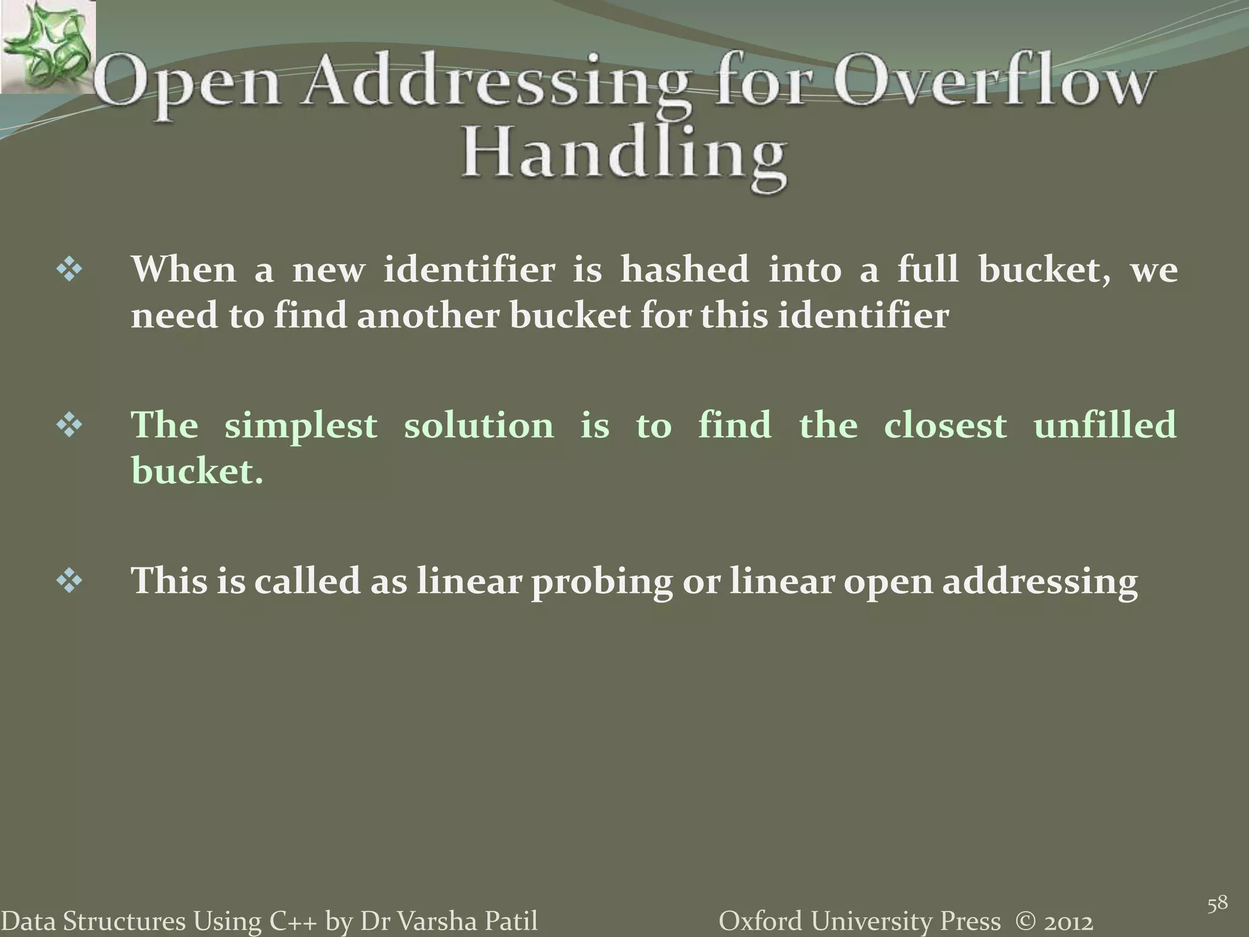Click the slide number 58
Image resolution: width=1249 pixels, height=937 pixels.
tap(1218, 903)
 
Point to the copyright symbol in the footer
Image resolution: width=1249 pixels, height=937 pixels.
tap(1028, 921)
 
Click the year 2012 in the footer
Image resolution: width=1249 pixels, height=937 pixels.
tap(1068, 921)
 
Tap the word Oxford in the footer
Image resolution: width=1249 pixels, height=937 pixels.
tap(756, 921)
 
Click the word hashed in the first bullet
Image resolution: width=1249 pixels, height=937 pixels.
tap(684, 270)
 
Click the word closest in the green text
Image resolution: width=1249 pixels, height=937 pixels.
tap(945, 425)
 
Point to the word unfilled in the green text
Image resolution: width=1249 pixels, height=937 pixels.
tap(1104, 425)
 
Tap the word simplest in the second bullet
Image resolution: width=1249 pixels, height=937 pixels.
tap(301, 425)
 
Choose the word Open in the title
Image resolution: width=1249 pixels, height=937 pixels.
tap(189, 87)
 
